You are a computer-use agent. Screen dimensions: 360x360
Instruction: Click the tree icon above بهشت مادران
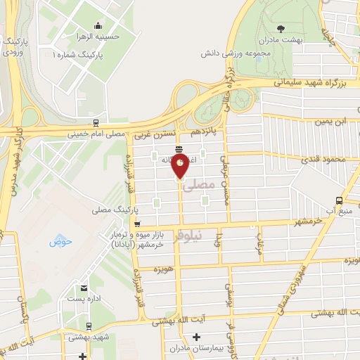[x=281, y=30]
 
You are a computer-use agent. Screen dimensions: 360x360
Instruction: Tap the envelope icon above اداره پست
[x=84, y=288]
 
